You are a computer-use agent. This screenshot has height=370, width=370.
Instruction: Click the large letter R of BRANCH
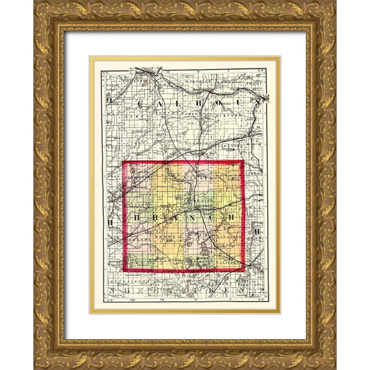pyautogui.click(x=158, y=218)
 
